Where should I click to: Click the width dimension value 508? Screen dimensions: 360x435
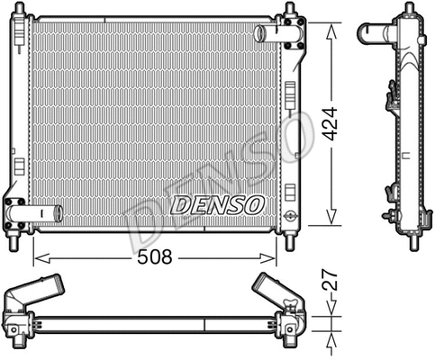click(154, 256)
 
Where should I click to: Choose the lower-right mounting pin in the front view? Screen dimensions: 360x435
click(289, 242)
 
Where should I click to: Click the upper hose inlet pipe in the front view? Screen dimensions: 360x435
click(268, 34)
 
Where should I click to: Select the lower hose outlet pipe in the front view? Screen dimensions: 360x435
click(43, 214)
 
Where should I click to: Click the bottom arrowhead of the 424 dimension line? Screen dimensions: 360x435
click(333, 220)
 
